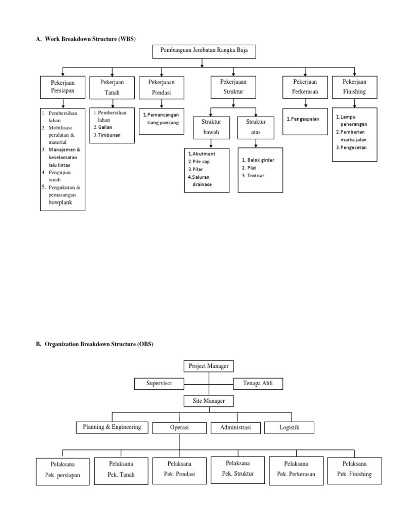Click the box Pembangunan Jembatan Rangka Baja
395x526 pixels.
coord(204,51)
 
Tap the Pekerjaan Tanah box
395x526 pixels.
coord(111,87)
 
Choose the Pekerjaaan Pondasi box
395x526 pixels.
coord(161,87)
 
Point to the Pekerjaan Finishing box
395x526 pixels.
coord(354,87)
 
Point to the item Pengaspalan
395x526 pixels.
coord(303,119)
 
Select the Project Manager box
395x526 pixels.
coord(209,366)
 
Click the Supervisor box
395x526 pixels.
coord(159,383)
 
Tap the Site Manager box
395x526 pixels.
coord(209,400)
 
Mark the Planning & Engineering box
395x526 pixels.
coord(112,427)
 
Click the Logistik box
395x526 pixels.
coord(289,427)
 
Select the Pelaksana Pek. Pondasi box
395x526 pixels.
coord(179,469)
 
